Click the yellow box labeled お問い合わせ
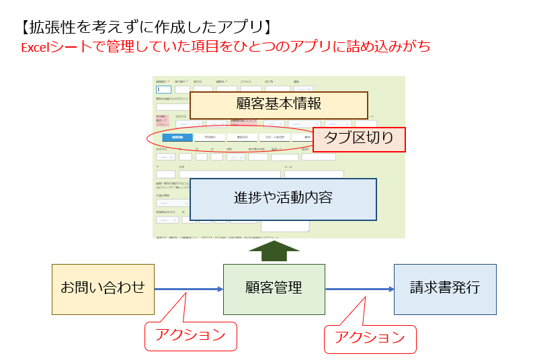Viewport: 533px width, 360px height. [103, 289]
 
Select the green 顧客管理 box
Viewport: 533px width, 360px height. [274, 289]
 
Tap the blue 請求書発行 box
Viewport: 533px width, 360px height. [445, 289]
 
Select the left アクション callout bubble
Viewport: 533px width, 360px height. [191, 335]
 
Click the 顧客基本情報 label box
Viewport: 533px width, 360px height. [278, 105]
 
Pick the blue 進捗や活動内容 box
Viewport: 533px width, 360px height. [283, 199]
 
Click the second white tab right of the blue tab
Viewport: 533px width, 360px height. [242, 138]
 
